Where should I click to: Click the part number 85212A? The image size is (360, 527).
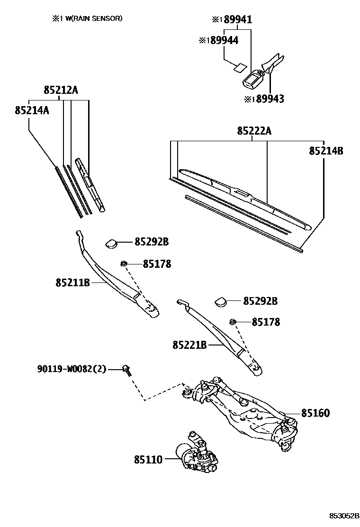61,90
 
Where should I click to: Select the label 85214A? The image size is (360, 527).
32,110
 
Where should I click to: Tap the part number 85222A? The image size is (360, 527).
254,131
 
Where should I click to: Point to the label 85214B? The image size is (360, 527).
326,151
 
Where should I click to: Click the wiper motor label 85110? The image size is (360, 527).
148,459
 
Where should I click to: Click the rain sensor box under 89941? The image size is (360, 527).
253,79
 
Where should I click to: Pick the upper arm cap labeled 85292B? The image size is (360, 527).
112,243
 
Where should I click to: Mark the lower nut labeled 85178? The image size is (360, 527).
233,322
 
